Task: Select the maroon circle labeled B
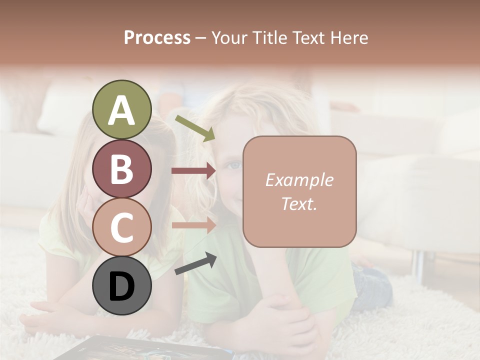(122, 168)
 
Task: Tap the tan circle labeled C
(122, 227)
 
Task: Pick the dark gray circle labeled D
(122, 285)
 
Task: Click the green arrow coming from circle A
(194, 128)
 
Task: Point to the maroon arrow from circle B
(193, 171)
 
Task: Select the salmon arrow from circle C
(193, 225)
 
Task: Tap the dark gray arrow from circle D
(195, 264)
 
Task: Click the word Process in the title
(157, 37)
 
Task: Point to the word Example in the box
(299, 180)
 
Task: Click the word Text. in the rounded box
(299, 203)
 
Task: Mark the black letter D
(122, 286)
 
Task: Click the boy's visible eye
(233, 164)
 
